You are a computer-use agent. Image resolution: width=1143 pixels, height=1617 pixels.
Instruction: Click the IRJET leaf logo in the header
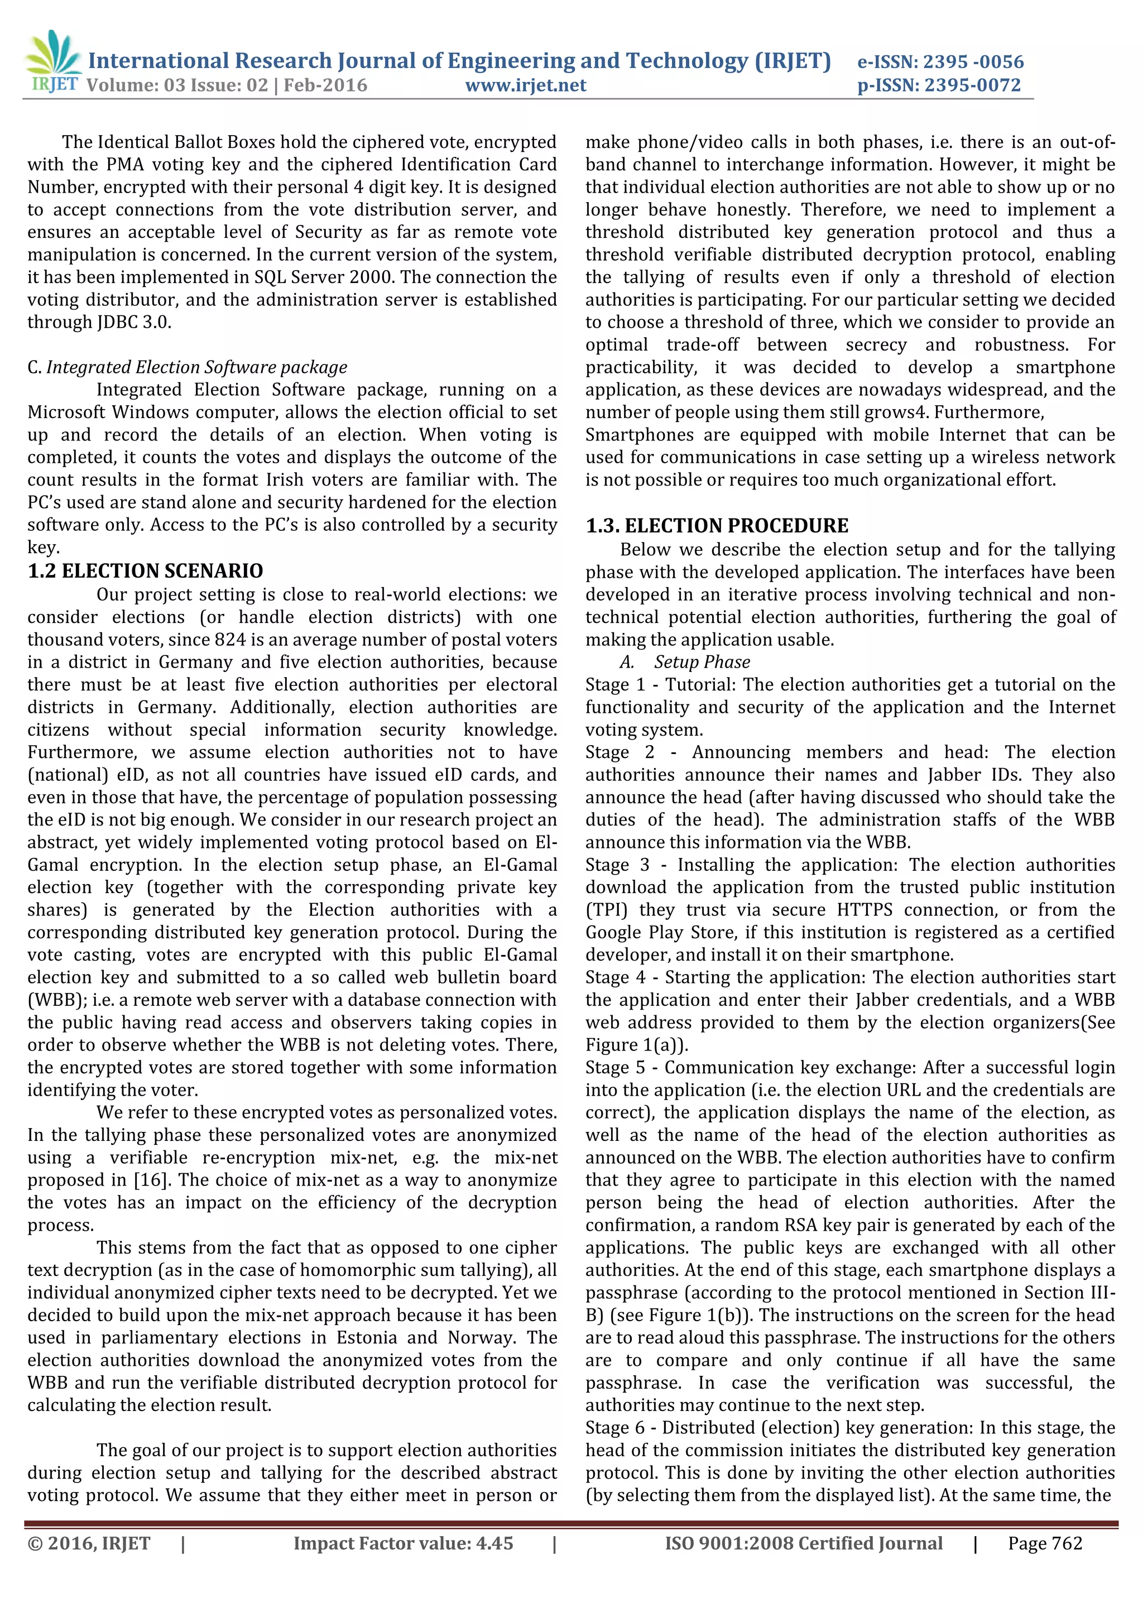click(x=53, y=53)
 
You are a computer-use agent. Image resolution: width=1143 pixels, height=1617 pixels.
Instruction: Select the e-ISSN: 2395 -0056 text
click(x=940, y=61)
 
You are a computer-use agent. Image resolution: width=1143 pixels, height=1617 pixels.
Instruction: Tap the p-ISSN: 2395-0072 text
click(x=939, y=85)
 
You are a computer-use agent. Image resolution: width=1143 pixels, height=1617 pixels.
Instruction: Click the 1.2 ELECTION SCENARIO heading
click(x=145, y=570)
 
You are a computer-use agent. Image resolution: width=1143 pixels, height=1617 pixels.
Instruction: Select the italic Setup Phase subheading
click(x=702, y=662)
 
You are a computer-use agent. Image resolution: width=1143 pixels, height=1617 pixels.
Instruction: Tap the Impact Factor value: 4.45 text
click(x=403, y=1543)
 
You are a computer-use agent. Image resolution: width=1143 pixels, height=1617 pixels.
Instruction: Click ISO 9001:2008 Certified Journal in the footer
click(x=804, y=1543)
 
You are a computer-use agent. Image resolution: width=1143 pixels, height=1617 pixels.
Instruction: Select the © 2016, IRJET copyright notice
click(x=89, y=1543)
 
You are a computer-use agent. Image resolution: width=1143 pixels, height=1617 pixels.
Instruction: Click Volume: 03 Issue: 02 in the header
click(x=177, y=85)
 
